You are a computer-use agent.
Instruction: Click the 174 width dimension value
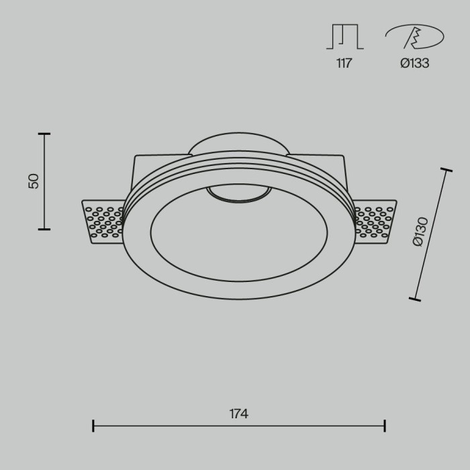click(238, 414)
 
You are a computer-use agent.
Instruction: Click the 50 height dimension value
click(34, 181)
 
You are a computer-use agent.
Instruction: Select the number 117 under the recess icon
click(344, 64)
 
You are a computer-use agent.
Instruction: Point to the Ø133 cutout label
click(414, 64)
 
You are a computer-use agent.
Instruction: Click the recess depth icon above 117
click(344, 37)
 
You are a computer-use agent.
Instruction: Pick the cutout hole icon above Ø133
click(414, 38)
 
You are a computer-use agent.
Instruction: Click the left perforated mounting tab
click(102, 222)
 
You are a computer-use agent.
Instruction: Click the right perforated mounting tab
click(376, 222)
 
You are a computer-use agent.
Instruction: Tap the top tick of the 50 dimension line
click(44, 134)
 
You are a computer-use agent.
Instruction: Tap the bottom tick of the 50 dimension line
click(44, 230)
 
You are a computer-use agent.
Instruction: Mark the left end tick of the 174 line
click(93, 425)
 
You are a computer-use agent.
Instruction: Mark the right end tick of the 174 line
click(384, 425)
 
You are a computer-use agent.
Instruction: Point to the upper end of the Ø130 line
click(447, 169)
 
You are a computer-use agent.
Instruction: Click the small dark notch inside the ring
click(238, 193)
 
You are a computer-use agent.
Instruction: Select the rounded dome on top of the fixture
click(238, 143)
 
